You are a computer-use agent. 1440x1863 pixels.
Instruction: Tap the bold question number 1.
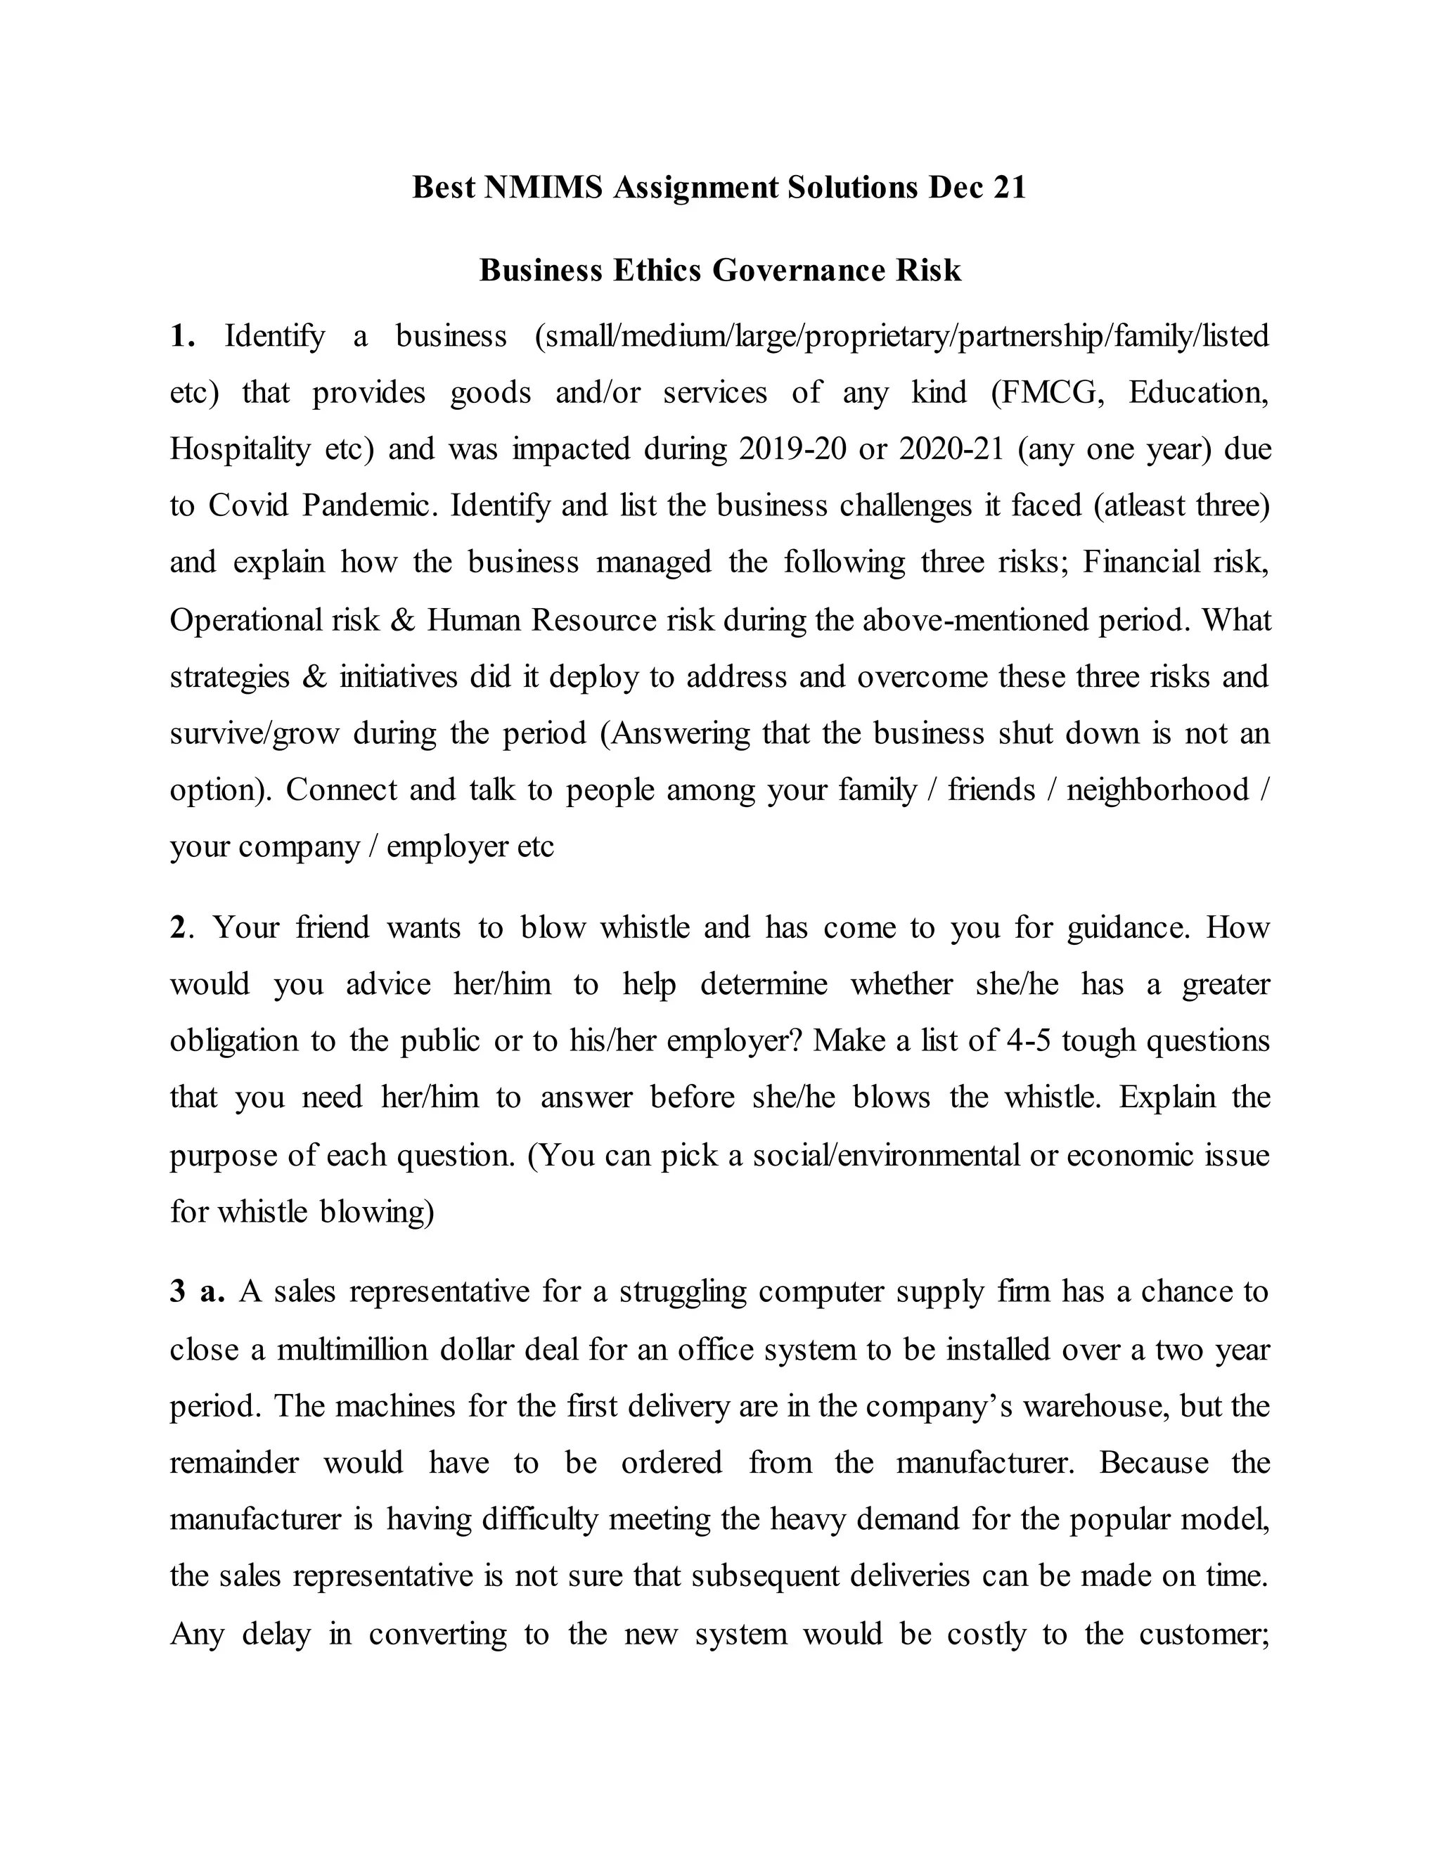[181, 336]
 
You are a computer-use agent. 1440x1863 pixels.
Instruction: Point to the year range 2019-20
[792, 449]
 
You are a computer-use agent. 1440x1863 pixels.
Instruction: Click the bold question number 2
[179, 927]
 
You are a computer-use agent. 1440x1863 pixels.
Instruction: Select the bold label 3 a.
[197, 1291]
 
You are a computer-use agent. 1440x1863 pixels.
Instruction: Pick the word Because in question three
[1153, 1462]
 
